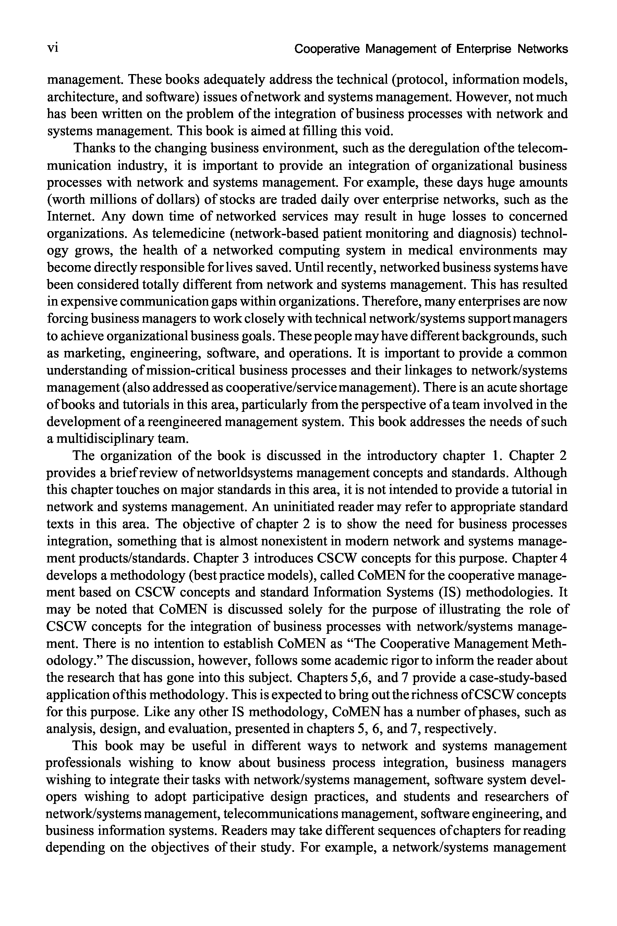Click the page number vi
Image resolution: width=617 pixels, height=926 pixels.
[53, 48]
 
